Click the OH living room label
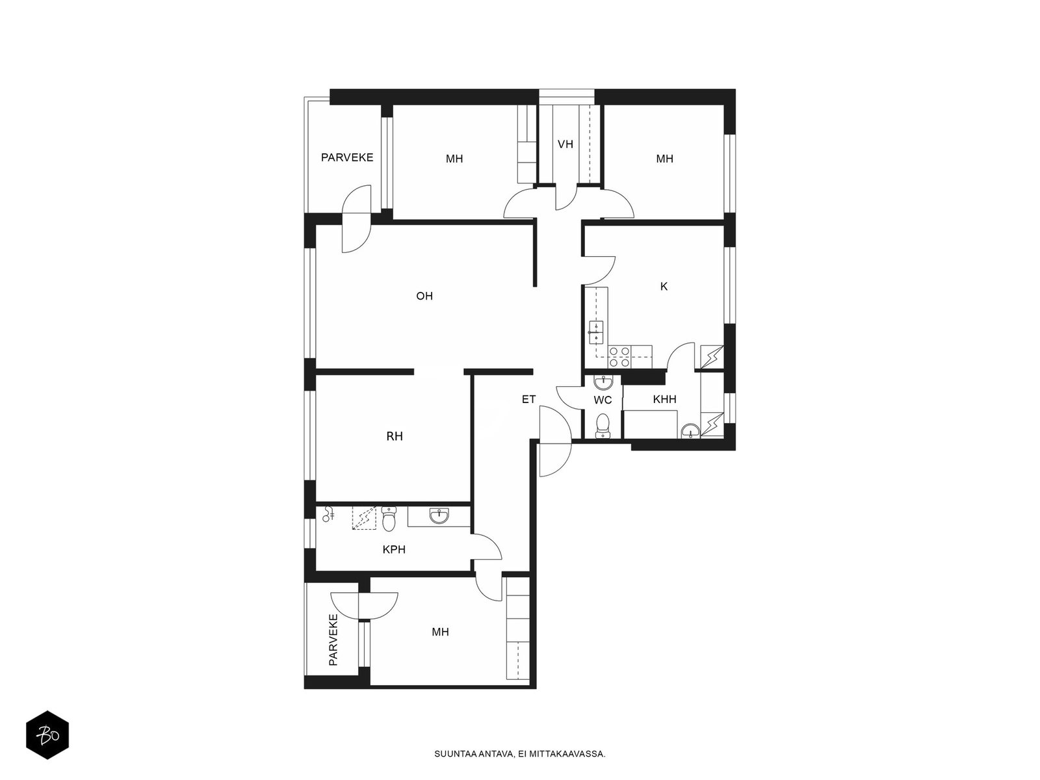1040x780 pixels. (424, 296)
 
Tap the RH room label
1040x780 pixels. (394, 436)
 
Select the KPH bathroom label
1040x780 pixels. (394, 549)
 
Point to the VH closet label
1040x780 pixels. (565, 144)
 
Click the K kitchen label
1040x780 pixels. (664, 286)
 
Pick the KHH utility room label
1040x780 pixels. (664, 399)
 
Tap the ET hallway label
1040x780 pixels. (528, 399)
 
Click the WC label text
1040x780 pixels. (603, 400)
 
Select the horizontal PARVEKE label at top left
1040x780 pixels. (347, 157)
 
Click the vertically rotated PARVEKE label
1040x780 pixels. (333, 640)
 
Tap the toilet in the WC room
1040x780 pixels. (603, 426)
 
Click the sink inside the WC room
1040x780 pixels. (604, 382)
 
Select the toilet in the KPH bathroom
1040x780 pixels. (389, 519)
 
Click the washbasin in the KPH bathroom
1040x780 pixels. (439, 515)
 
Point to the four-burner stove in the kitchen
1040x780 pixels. (619, 357)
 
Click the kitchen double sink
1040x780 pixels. (595, 332)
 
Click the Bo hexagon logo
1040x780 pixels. (47, 734)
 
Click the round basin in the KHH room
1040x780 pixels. (690, 432)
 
